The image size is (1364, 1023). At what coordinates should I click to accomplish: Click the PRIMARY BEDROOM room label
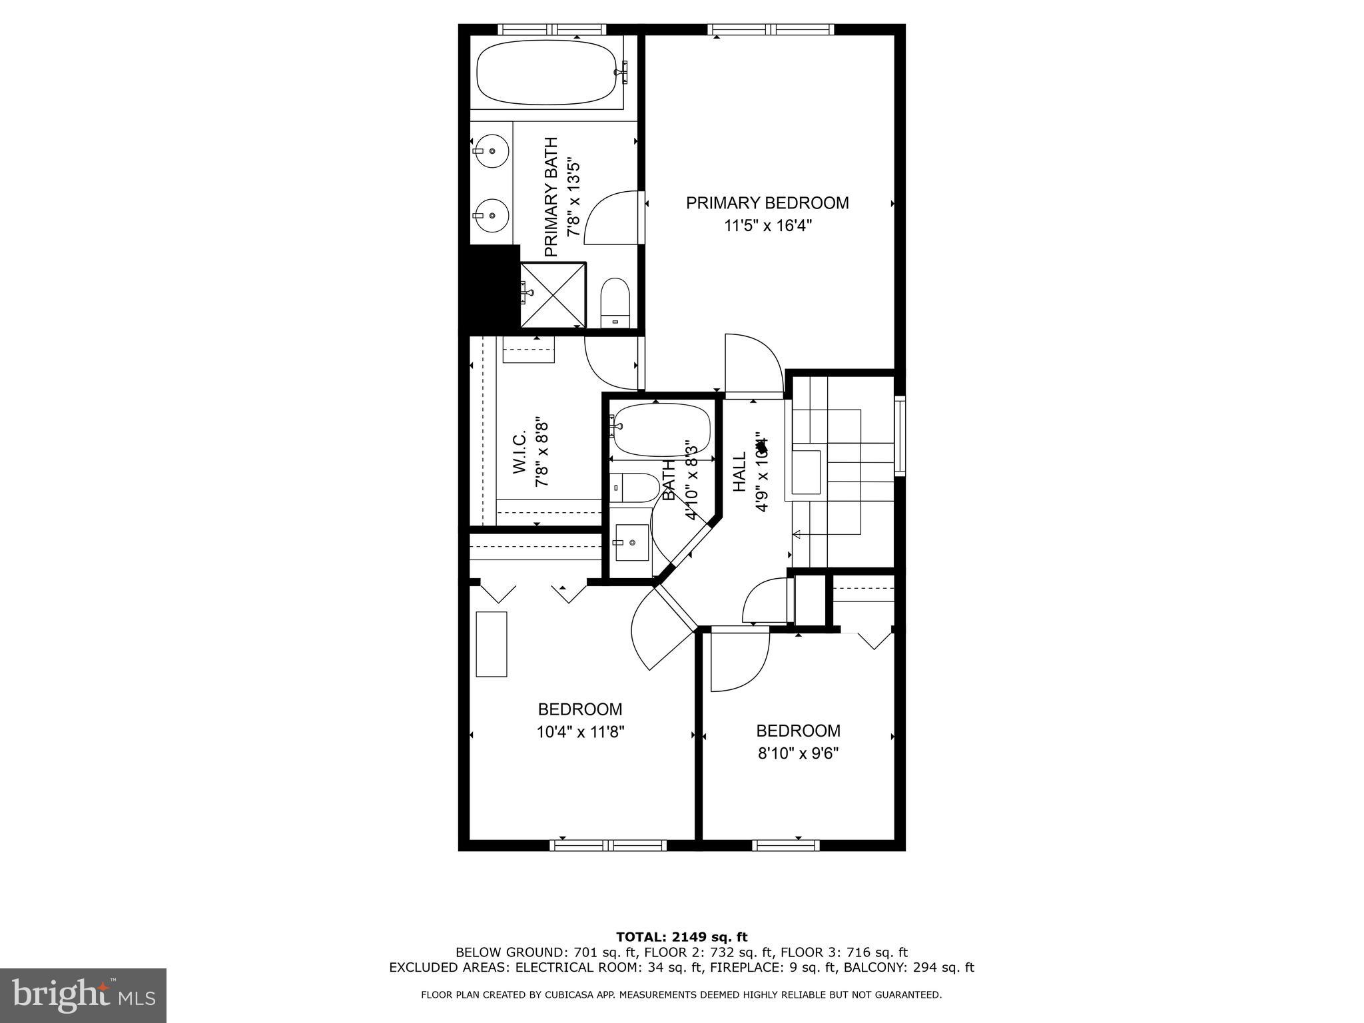[x=767, y=203]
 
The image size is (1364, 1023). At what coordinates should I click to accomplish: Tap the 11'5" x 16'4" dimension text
[x=768, y=226]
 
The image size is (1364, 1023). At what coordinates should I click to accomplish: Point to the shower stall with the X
[x=552, y=295]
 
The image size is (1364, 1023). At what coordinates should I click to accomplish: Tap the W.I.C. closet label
[x=520, y=452]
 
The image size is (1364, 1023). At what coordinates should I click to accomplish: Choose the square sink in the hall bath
[x=631, y=542]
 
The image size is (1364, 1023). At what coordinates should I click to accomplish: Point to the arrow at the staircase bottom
[x=797, y=533]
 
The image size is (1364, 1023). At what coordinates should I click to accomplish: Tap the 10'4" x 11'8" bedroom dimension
[x=580, y=733]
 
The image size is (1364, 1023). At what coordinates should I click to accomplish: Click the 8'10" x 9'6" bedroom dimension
[x=798, y=754]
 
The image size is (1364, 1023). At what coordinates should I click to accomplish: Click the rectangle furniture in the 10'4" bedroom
[x=492, y=644]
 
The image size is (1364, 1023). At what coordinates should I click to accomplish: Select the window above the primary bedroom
[x=771, y=29]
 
